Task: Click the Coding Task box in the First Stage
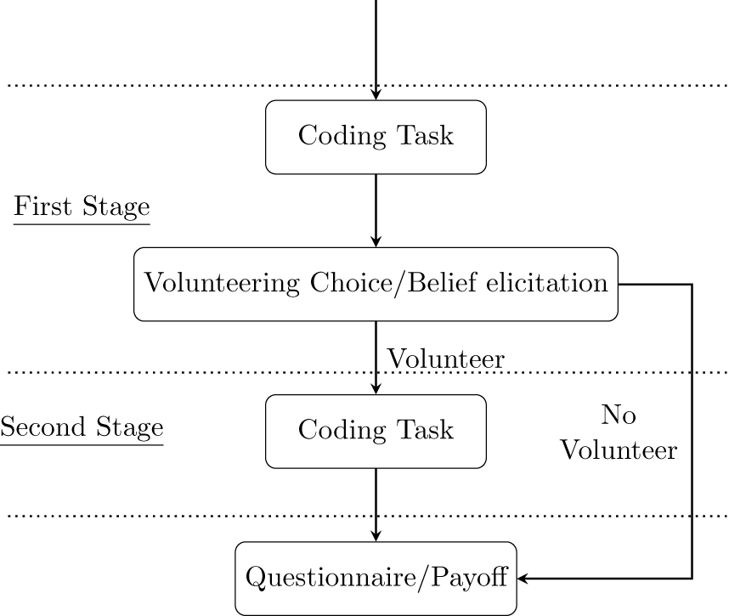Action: (376, 137)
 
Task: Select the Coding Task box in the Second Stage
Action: (376, 431)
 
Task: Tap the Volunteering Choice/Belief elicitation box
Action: (376, 284)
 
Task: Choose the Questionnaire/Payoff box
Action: (376, 579)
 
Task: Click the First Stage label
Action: (82, 207)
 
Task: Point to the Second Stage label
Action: (82, 427)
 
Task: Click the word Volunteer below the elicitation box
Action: (446, 359)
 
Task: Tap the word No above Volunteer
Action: (619, 415)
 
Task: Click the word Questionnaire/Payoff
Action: (376, 579)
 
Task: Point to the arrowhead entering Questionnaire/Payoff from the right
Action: (523, 579)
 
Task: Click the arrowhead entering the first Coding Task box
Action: (376, 94)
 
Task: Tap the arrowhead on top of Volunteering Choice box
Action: (376, 241)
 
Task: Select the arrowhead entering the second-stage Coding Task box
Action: (376, 388)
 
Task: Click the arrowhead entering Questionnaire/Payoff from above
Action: (376, 535)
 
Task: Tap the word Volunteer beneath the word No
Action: (619, 449)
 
